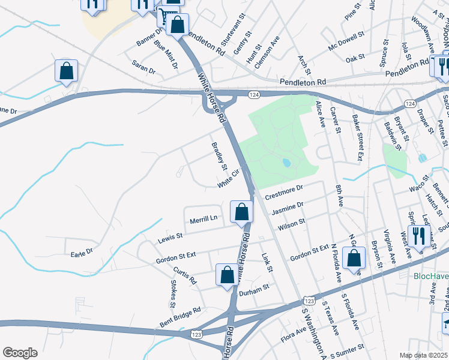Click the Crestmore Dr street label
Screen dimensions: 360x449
click(285, 192)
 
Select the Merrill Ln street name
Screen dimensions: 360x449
click(203, 218)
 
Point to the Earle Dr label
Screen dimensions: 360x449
click(82, 251)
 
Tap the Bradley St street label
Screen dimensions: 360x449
click(219, 155)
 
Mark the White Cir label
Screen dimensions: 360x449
click(229, 178)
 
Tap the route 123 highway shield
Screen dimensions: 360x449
click(309, 299)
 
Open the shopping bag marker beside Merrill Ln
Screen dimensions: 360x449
click(241, 212)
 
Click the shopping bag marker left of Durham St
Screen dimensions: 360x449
click(227, 275)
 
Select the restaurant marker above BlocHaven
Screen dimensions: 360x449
click(417, 235)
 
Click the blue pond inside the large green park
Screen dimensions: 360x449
click(286, 163)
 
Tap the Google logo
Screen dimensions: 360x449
click(20, 353)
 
